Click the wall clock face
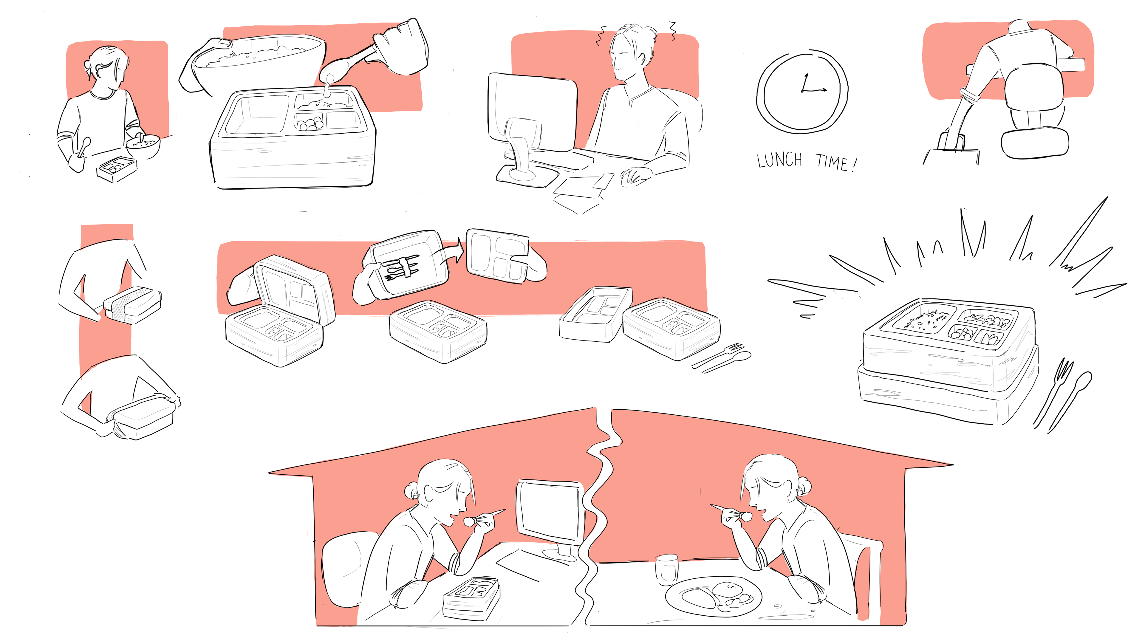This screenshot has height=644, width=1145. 802,92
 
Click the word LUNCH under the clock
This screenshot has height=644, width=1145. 780,160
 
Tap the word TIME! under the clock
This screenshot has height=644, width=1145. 835,163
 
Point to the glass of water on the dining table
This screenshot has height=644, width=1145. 666,569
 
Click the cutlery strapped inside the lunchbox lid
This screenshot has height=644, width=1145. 402,267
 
